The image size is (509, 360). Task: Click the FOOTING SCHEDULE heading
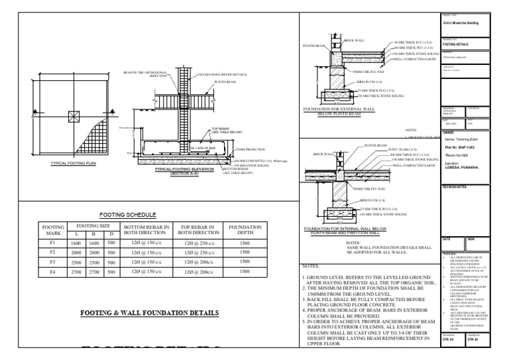(x=127, y=215)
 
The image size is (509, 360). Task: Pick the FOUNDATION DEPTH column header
(x=245, y=230)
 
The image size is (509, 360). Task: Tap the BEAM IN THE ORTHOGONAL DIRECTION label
(x=146, y=74)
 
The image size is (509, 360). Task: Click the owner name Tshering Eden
(x=445, y=139)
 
